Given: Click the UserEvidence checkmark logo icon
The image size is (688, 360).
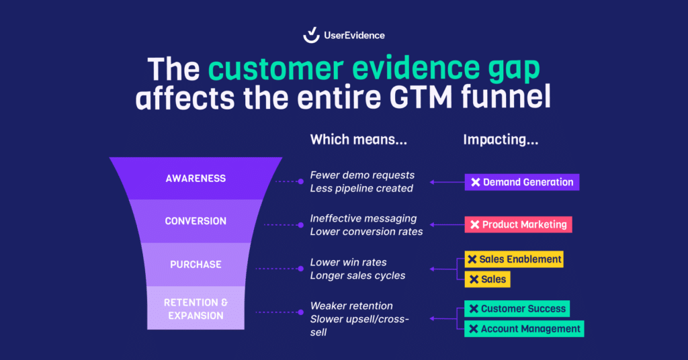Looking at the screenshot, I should tap(311, 35).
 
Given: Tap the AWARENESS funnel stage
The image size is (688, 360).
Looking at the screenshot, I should tap(196, 179).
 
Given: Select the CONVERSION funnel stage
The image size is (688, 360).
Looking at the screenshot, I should tap(196, 221).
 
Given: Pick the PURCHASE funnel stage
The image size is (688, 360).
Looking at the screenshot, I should tap(196, 265).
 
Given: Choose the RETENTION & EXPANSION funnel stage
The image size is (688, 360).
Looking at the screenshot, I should tap(196, 308).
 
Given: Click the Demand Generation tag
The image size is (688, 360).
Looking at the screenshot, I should tap(521, 182).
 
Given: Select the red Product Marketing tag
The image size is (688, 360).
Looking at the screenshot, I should tap(518, 224).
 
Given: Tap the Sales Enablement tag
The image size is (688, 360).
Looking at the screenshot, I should tap(514, 259).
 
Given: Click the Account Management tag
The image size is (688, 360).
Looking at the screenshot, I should tap(524, 329).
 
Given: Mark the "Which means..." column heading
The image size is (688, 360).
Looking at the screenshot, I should tap(358, 140).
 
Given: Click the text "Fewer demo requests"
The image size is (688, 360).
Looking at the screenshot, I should tap(362, 175).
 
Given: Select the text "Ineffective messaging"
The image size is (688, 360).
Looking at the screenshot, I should tap(363, 218).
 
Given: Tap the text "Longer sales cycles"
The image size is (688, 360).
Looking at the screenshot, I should tap(357, 275).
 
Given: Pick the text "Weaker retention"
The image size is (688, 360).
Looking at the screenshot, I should tap(351, 306).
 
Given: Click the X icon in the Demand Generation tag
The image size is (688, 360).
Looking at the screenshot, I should tap(475, 182).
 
